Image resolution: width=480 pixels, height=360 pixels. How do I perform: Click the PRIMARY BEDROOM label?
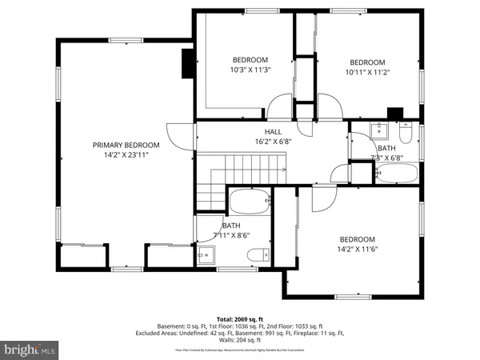click(126, 145)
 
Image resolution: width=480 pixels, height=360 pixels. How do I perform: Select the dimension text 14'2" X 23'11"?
click(126, 155)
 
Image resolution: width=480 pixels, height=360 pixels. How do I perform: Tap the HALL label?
click(274, 132)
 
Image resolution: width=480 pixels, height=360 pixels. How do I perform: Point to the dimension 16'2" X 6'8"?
click(274, 142)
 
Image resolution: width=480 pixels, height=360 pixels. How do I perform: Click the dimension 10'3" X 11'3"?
click(250, 70)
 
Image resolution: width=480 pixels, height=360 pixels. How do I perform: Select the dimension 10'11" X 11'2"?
click(367, 72)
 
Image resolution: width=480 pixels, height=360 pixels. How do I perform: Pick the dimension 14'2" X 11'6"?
click(357, 249)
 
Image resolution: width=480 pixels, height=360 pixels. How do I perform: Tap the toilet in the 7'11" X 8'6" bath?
click(257, 255)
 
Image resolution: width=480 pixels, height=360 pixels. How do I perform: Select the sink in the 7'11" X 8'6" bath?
click(206, 255)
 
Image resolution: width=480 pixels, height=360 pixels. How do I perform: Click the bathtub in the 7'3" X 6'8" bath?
click(398, 173)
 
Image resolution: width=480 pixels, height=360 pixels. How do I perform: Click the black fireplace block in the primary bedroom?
click(188, 63)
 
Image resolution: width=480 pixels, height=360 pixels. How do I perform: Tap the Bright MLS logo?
click(30, 350)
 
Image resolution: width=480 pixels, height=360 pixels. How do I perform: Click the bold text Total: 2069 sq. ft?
click(240, 319)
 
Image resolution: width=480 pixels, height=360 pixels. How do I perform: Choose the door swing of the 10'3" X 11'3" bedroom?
click(279, 106)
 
